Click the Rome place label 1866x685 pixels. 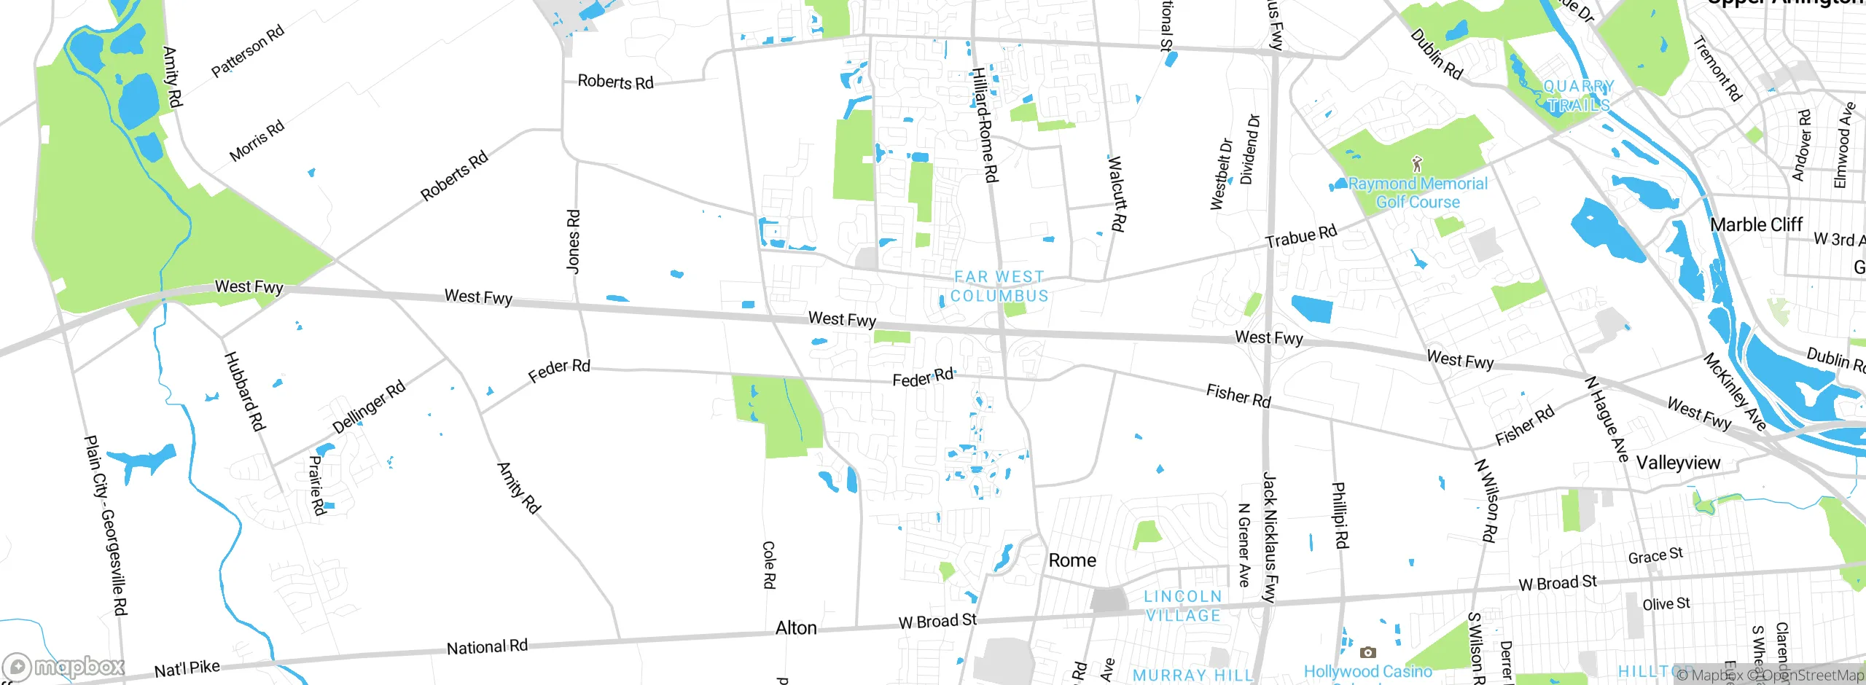tap(1071, 560)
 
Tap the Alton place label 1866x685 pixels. tap(796, 628)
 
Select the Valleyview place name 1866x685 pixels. tap(1678, 463)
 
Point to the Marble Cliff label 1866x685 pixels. tap(1756, 224)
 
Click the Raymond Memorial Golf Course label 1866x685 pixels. tap(1418, 193)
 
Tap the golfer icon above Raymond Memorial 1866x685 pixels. tap(1416, 163)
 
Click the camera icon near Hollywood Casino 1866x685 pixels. tap(1368, 652)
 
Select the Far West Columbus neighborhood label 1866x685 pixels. tap(999, 286)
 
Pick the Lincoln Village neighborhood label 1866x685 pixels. tap(1183, 606)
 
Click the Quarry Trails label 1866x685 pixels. tap(1579, 95)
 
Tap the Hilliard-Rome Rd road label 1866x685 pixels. tap(985, 125)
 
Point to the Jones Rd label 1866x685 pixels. tap(574, 242)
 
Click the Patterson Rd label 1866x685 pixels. tap(248, 51)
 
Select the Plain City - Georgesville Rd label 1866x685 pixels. tap(106, 525)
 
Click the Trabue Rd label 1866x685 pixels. tap(1301, 236)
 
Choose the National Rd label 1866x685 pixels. tap(487, 647)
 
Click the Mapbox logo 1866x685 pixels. tap(64, 666)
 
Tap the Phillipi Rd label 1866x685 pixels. tap(1340, 515)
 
